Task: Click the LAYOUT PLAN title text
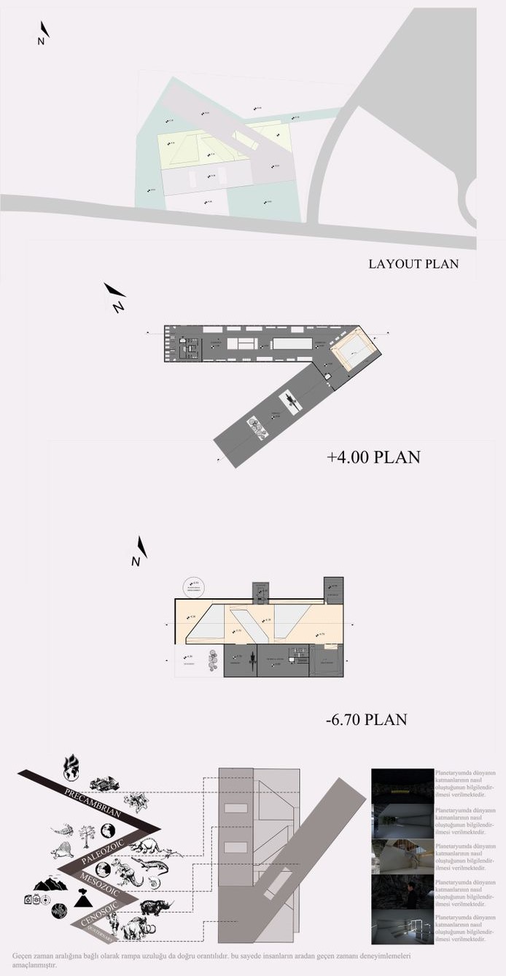[413, 263]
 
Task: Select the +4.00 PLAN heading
[373, 457]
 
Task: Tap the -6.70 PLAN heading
[366, 720]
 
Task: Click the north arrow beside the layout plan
[44, 34]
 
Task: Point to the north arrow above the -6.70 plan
[139, 551]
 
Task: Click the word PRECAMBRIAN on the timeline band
[93, 800]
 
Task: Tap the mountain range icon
[50, 883]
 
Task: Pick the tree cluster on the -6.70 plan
[213, 662]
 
